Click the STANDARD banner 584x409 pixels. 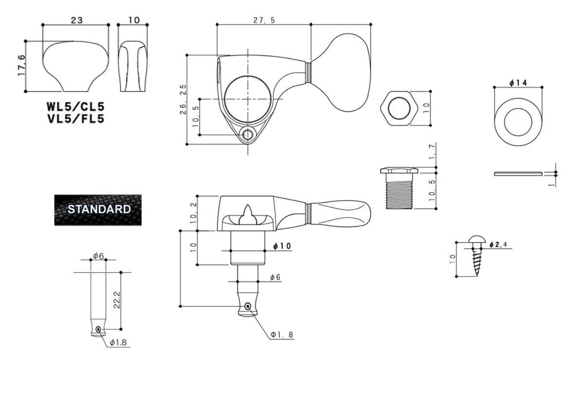click(98, 210)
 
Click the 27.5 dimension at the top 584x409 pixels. click(264, 20)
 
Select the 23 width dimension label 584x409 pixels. click(77, 20)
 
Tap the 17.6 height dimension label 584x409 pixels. click(21, 65)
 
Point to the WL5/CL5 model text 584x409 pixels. click(75, 107)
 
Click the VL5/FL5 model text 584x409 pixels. click(75, 119)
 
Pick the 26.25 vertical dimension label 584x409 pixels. click(183, 99)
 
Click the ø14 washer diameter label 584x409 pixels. click(518, 83)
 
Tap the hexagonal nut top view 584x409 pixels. click(399, 108)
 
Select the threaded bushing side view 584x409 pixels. click(399, 188)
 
